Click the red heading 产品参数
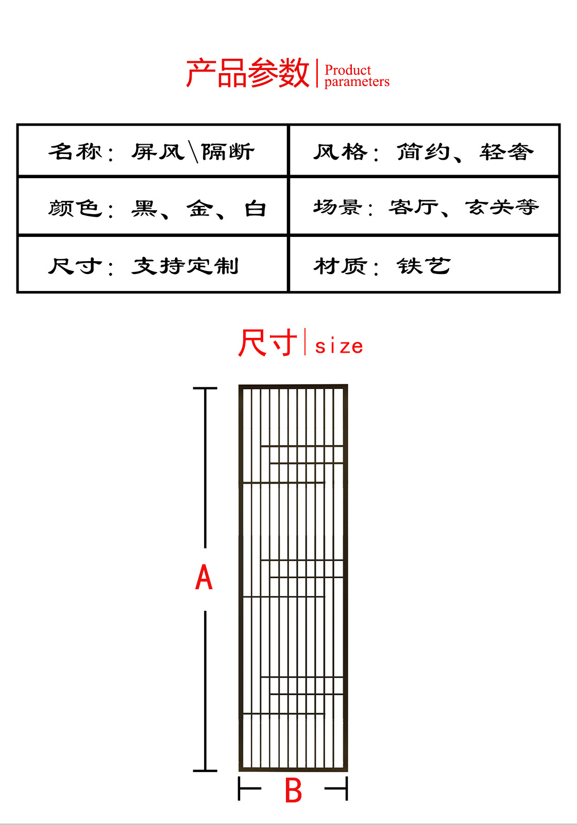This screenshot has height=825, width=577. click(x=247, y=73)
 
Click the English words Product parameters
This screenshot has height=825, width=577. click(x=357, y=76)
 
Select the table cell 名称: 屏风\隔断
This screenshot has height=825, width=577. click(x=152, y=151)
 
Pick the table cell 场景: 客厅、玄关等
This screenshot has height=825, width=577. click(x=426, y=207)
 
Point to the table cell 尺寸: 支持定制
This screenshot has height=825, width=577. click(x=143, y=266)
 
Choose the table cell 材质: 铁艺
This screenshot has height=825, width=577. click(x=382, y=266)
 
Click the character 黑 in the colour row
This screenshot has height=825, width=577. click(x=144, y=208)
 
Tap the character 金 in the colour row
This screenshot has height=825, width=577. click(x=199, y=208)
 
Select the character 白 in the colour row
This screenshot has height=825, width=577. click(x=255, y=208)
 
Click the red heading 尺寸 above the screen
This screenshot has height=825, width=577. click(x=267, y=343)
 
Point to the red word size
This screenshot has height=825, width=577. click(x=339, y=346)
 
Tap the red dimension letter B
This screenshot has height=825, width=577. click(x=293, y=790)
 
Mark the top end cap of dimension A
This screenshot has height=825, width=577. click(x=205, y=388)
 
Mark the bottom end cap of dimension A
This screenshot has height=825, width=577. click(x=205, y=770)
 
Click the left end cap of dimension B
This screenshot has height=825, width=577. click(x=240, y=788)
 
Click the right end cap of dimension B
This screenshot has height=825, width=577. click(x=347, y=788)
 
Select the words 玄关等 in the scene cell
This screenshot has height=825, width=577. click(x=502, y=207)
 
